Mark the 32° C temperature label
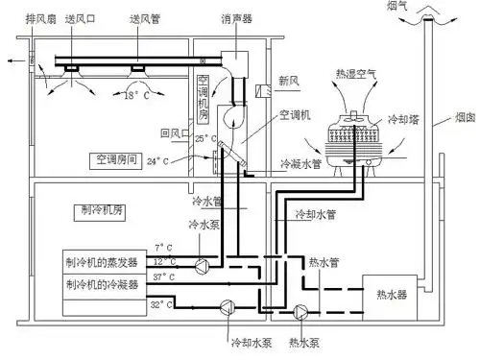coord(161,305)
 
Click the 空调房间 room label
coord(118,158)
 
